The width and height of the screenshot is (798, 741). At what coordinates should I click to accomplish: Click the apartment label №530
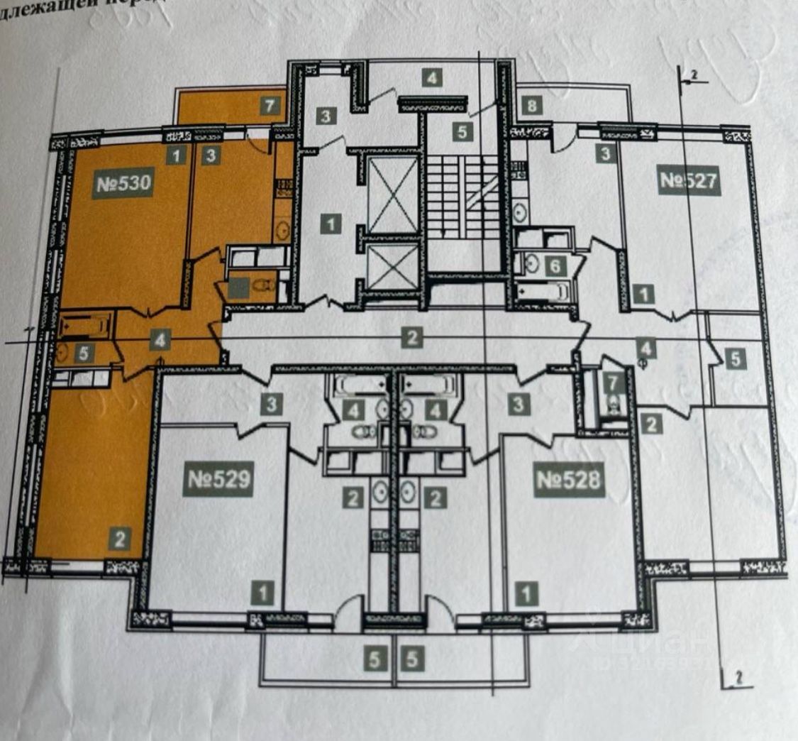coord(124,185)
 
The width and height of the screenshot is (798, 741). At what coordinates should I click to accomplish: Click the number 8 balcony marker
coord(533,107)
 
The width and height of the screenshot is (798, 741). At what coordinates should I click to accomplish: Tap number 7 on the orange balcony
coord(269,107)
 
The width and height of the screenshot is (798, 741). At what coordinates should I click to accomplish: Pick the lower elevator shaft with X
coord(392,265)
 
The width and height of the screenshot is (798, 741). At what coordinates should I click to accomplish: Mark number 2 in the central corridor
coord(411,338)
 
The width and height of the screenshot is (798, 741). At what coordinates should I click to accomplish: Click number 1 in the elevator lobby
coord(330,224)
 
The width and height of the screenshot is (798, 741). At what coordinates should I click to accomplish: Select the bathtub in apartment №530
coord(86,326)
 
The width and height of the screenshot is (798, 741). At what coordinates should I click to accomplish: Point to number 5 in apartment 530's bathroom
coord(84,353)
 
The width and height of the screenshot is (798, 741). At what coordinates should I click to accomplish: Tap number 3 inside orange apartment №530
coord(209,156)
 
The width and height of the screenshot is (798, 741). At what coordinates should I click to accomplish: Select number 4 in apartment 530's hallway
coord(162,341)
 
